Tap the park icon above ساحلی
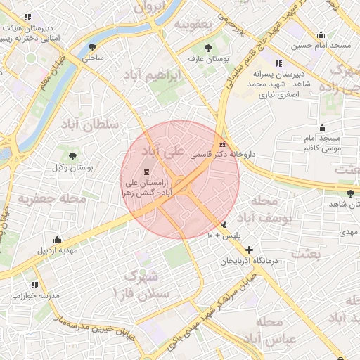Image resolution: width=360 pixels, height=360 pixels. point(93,48)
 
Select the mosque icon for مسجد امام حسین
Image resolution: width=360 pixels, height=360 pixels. point(321,35)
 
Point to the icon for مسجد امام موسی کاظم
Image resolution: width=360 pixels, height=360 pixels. point(322,127)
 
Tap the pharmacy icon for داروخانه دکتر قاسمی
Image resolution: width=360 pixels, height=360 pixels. point(223,143)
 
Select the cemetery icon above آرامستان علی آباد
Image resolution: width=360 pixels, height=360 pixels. point(146,172)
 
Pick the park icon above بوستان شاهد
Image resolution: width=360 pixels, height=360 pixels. point(350,193)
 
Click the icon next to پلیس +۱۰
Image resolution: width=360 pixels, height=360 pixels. point(224,226)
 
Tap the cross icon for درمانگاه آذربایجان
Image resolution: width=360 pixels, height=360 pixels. point(249,250)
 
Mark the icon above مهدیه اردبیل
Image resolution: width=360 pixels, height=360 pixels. point(57,240)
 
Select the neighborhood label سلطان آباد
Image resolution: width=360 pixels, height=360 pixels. point(91,125)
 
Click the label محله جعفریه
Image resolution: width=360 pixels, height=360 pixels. point(52,199)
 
